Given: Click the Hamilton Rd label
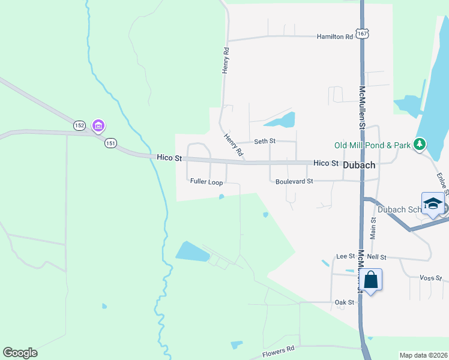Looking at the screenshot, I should (335, 37).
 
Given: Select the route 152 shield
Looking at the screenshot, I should (80, 125).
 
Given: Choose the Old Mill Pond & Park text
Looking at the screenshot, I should (372, 145).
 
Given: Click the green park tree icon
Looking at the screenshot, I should (421, 144).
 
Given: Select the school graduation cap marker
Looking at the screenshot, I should (433, 203).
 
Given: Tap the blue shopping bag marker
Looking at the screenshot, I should (371, 280).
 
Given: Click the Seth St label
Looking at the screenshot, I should (264, 141).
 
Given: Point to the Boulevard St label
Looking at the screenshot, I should (294, 181).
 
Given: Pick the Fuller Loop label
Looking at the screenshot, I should (206, 181).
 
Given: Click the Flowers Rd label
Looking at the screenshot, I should (279, 352).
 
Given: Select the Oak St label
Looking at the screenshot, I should (345, 302).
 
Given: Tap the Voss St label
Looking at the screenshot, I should (430, 278).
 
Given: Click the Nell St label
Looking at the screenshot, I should (377, 256).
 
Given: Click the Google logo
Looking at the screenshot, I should (20, 353).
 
